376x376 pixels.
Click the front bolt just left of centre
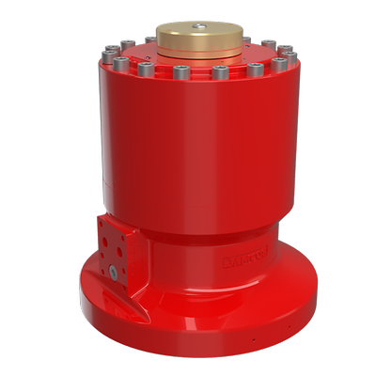click(x=179, y=71)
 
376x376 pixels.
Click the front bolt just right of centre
click(x=219, y=72)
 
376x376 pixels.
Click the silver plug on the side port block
click(x=113, y=273)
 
